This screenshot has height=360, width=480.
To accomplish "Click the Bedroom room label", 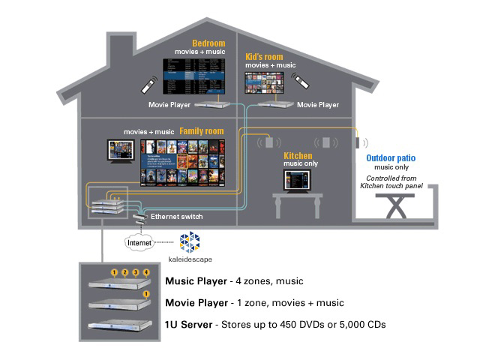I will click(208, 43).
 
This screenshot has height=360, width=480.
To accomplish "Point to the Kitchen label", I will click(297, 156).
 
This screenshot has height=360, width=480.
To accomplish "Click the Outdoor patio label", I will click(392, 158).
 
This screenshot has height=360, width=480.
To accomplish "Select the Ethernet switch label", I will click(176, 217).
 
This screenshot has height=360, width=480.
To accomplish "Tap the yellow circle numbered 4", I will click(146, 271).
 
